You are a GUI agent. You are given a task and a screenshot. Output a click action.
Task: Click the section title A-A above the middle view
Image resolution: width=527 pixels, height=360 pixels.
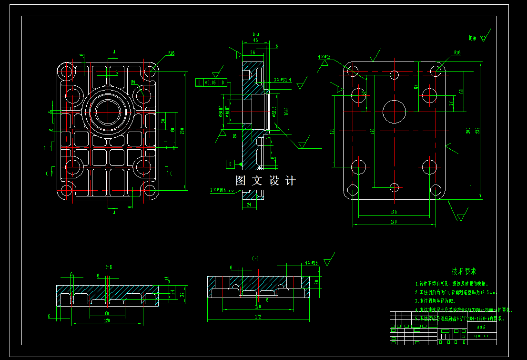pyautogui.click(x=255, y=34)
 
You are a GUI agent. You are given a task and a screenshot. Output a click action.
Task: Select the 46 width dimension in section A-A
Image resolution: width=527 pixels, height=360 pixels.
pyautogui.click(x=256, y=41)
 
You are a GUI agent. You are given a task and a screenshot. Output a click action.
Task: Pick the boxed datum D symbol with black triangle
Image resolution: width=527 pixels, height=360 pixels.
pyautogui.click(x=231, y=164)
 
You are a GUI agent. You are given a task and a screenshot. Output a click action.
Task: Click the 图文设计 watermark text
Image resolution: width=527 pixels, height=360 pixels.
pyautogui.click(x=265, y=181)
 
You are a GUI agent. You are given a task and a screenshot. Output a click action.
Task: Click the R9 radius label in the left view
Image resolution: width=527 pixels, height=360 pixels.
pyautogui.click(x=133, y=82)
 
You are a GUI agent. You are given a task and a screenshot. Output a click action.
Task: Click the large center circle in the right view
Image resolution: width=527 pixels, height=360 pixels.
pyautogui.click(x=394, y=112)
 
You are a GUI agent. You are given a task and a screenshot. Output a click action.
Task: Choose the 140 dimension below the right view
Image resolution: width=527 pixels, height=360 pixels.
pyautogui.click(x=393, y=222)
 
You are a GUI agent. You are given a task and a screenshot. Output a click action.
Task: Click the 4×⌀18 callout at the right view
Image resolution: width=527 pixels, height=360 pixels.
pyautogui.click(x=324, y=57)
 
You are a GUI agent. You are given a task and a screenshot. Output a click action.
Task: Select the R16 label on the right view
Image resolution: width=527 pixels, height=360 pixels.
pyautogui.click(x=457, y=53)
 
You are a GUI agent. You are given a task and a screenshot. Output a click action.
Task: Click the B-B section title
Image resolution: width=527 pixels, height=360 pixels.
pyautogui.click(x=108, y=267)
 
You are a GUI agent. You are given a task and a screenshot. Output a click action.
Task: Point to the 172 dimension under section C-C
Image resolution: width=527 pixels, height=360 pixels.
pyautogui.click(x=258, y=316)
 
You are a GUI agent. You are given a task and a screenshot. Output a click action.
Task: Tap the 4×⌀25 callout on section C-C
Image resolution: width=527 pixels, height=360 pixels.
pyautogui.click(x=311, y=263)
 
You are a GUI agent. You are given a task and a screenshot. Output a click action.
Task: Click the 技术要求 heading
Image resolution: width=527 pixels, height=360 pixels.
pyautogui.click(x=464, y=271)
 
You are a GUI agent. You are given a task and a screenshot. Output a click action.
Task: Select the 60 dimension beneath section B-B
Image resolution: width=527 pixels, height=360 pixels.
pyautogui.click(x=107, y=313)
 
